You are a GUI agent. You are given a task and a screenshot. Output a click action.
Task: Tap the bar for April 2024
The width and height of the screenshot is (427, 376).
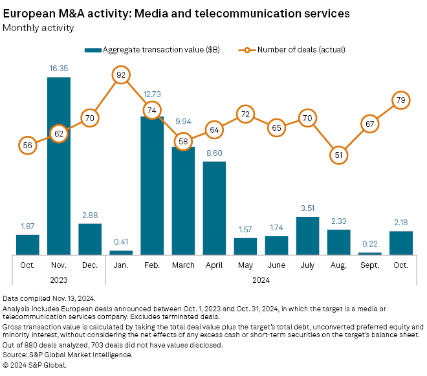click(x=214, y=208)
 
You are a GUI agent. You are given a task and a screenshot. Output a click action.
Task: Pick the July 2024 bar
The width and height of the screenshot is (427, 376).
click(x=307, y=236)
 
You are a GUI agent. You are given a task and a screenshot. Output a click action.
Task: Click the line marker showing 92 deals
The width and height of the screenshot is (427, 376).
click(x=120, y=76)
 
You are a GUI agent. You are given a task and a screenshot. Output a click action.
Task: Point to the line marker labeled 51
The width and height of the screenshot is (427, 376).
click(x=338, y=155)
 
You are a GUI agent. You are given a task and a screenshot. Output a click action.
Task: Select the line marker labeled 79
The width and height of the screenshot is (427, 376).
click(x=400, y=100)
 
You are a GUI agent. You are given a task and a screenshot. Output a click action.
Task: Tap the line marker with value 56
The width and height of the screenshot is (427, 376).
click(x=28, y=146)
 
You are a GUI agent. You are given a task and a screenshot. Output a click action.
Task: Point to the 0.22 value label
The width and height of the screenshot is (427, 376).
click(x=369, y=244)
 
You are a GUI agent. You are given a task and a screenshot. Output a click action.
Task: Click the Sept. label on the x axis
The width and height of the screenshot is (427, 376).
click(x=369, y=265)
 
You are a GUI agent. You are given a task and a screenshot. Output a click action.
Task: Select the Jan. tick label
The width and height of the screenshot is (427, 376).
click(x=120, y=265)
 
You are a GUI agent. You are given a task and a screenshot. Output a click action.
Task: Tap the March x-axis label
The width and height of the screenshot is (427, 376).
click(x=183, y=265)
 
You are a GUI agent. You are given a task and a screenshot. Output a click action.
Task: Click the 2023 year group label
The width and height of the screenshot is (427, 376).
click(x=59, y=280)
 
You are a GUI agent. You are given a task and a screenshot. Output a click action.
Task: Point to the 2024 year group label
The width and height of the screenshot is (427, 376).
click(x=261, y=280)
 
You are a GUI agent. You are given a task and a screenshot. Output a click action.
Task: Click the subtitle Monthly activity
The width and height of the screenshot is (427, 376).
click(x=39, y=28)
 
